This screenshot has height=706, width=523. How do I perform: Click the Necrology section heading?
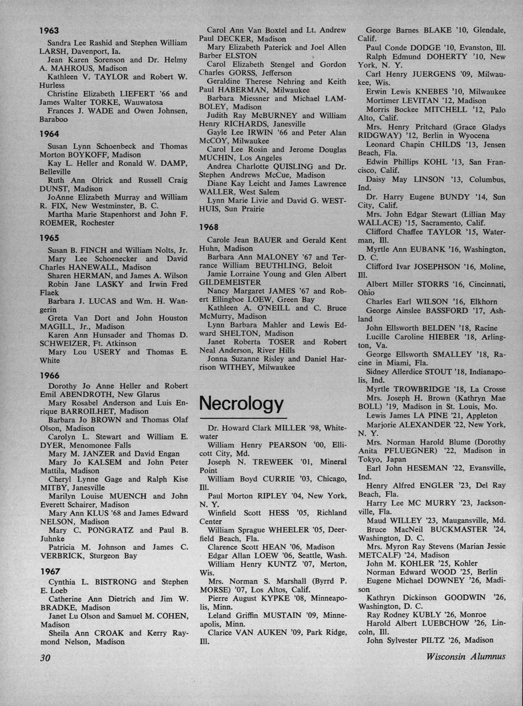point(241,403)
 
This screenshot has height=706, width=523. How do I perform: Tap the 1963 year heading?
point(50,31)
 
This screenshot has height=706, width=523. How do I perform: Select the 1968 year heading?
point(209,227)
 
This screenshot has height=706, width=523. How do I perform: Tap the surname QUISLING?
point(289,166)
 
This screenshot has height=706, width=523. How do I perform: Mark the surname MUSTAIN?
point(282,616)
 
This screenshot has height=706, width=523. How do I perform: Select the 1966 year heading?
point(50,375)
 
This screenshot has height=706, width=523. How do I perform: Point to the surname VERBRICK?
point(62,556)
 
